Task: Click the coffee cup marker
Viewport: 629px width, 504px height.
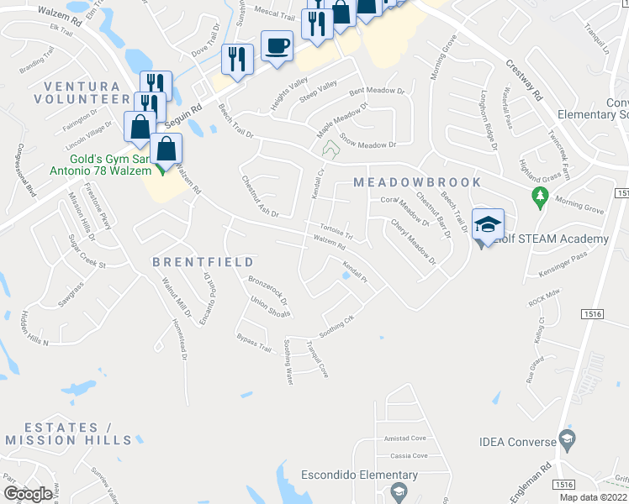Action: pyautogui.click(x=277, y=46)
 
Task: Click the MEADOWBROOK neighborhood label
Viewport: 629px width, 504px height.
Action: pyautogui.click(x=418, y=182)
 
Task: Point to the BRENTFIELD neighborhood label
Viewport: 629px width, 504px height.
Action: pyautogui.click(x=203, y=263)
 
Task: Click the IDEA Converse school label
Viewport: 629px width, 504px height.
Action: pyautogui.click(x=517, y=441)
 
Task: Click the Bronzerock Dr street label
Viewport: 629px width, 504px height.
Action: pyautogui.click(x=267, y=289)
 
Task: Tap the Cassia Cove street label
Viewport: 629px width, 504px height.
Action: pyautogui.click(x=408, y=456)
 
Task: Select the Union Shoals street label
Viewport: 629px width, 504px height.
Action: pyautogui.click(x=270, y=308)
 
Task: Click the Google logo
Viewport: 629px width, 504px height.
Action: pyautogui.click(x=28, y=494)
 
